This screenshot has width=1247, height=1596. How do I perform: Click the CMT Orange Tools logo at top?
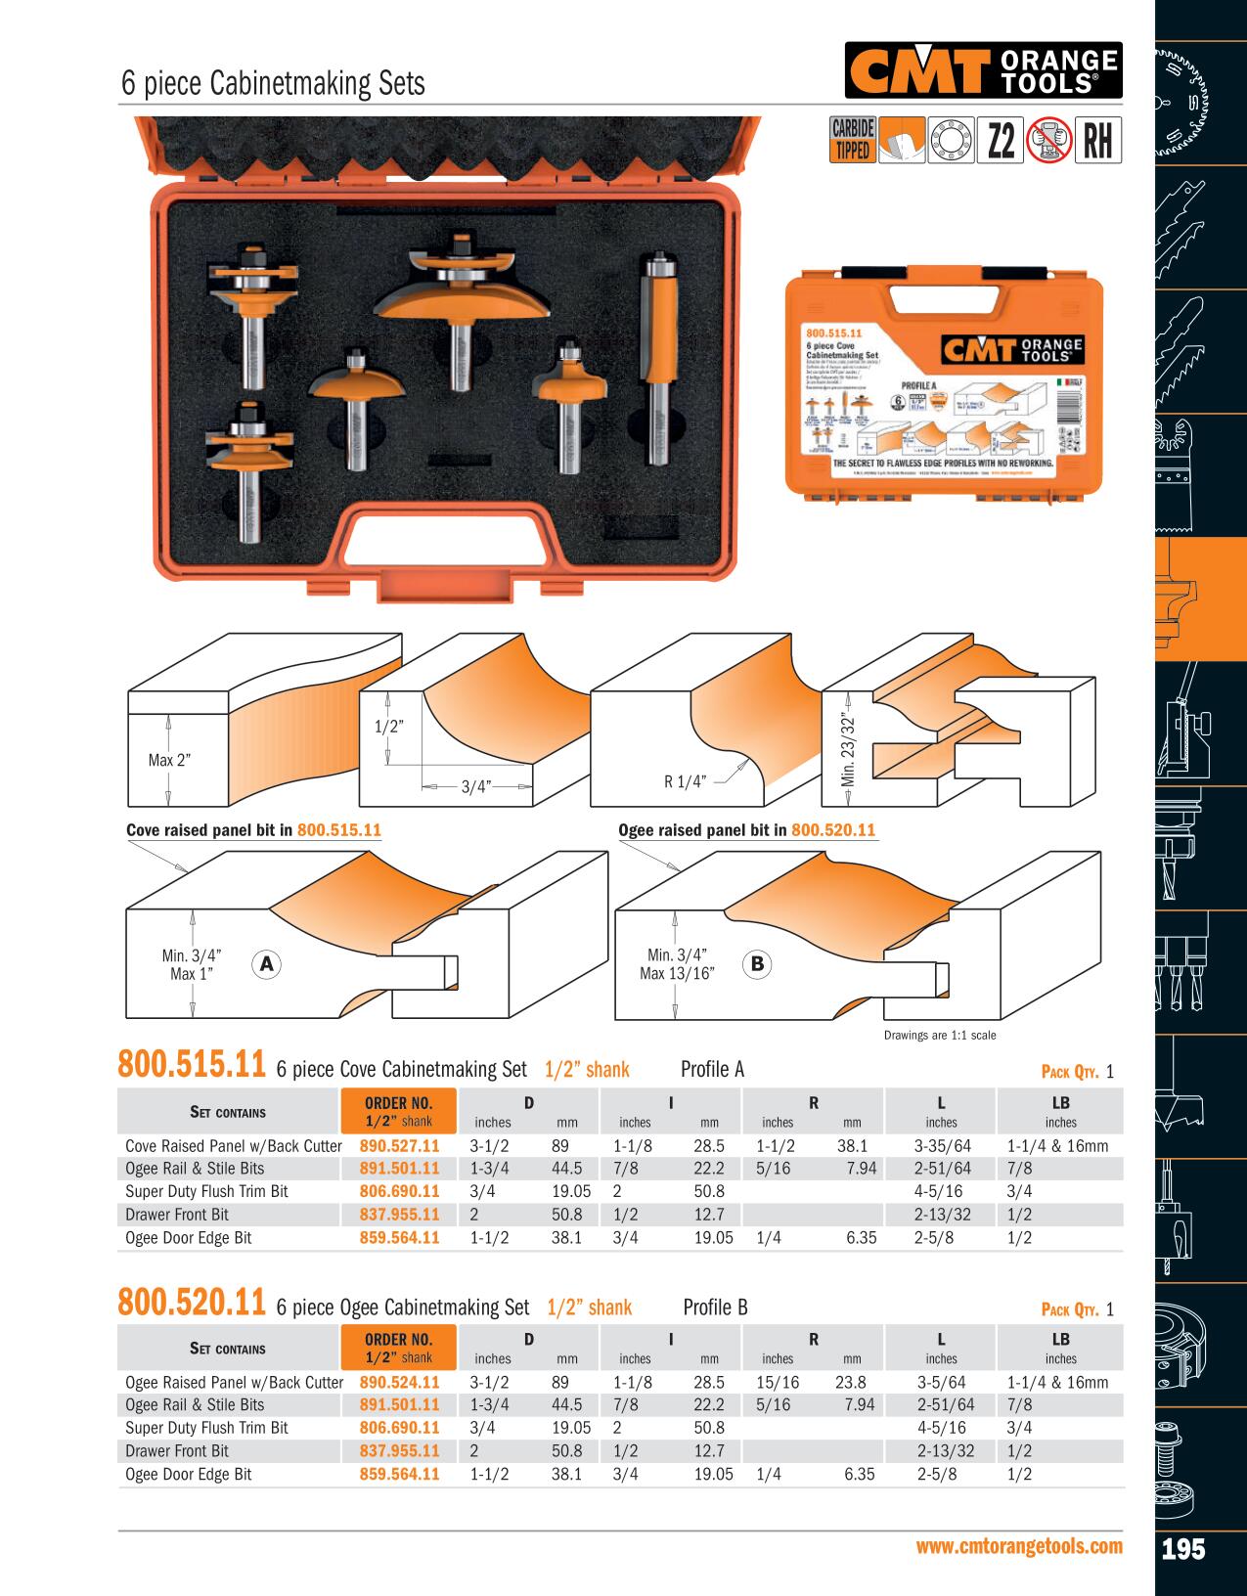(x=983, y=70)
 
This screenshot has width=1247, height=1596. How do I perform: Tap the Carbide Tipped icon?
(x=852, y=140)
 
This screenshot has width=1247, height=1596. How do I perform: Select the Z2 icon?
(x=1000, y=141)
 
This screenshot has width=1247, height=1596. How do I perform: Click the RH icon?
(x=1097, y=141)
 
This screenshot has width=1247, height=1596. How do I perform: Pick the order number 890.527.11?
(x=399, y=1145)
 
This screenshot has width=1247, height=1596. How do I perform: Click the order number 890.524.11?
(x=399, y=1382)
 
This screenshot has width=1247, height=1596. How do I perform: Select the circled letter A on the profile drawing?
(x=266, y=964)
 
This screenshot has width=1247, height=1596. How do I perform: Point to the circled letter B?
(x=757, y=964)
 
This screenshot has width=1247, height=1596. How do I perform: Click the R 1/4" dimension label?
(x=685, y=781)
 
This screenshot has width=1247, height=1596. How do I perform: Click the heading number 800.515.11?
(x=191, y=1065)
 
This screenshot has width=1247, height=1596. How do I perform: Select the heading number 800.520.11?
(x=191, y=1304)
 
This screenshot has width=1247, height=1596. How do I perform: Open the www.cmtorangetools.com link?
(x=1018, y=1546)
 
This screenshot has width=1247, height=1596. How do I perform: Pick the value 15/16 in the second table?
(x=778, y=1382)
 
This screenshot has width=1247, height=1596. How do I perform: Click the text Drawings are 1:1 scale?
(x=939, y=1036)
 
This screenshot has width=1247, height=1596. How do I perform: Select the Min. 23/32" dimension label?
(x=847, y=739)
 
